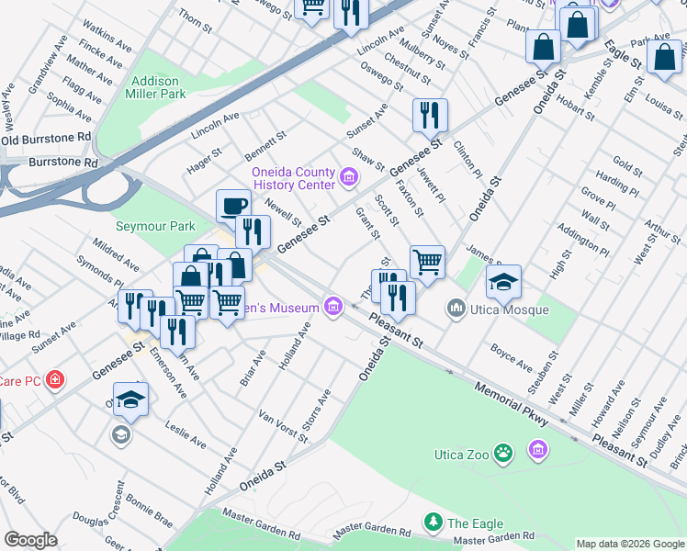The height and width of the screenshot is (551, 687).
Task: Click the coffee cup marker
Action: (x=233, y=206)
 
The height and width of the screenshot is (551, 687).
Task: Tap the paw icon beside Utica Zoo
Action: (x=502, y=453)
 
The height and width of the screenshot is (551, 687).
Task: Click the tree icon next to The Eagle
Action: (x=433, y=523)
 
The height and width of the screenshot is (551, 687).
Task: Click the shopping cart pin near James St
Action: (x=427, y=263)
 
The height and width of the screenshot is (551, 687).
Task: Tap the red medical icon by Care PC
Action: (x=55, y=379)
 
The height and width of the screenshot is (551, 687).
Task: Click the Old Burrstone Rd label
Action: (x=46, y=139)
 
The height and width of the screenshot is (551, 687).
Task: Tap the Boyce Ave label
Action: (x=512, y=358)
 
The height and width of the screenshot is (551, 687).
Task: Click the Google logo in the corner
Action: (x=31, y=540)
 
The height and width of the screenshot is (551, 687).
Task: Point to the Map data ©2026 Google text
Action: (x=629, y=544)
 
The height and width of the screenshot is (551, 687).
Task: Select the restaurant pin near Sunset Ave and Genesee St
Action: (x=429, y=116)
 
